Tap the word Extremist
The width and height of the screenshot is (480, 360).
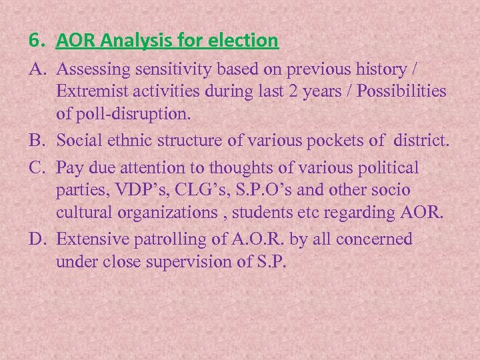coord(90,91)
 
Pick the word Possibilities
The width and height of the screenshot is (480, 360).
coord(402,91)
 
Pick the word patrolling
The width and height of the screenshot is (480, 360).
coord(174,239)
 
